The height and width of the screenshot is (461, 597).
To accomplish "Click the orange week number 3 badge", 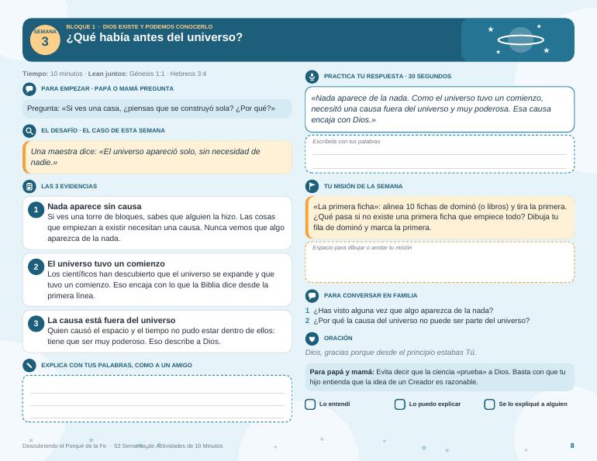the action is (x=45, y=40).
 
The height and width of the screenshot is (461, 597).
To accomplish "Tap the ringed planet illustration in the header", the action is (x=520, y=40).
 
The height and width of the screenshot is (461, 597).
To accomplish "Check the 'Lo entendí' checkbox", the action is (x=310, y=404).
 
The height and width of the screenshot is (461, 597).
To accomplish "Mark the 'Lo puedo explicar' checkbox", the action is (x=400, y=404).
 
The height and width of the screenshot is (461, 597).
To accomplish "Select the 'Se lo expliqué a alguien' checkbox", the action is (x=489, y=404).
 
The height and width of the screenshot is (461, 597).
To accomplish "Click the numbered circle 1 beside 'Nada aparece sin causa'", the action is (x=36, y=209).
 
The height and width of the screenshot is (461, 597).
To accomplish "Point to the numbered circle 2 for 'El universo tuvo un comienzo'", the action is (x=36, y=267).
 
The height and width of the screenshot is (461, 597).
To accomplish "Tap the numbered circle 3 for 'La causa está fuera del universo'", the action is (x=36, y=323).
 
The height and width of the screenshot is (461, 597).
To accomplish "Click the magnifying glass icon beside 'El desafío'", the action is (x=29, y=131).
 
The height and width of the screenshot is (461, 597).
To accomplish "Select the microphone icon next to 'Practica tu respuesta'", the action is (x=312, y=77).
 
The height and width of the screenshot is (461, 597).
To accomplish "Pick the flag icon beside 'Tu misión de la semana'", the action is (x=312, y=187).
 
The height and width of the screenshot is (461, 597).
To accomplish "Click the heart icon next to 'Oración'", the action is (x=312, y=339).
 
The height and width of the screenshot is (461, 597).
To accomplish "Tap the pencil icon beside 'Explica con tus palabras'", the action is (x=29, y=365).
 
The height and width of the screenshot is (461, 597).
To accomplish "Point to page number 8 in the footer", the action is (x=572, y=446).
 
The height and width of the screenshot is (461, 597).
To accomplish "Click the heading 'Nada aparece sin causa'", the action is (x=95, y=206).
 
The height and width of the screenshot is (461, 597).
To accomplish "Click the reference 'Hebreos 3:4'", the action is (x=188, y=74).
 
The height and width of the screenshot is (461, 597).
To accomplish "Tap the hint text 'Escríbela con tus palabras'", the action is (x=346, y=142).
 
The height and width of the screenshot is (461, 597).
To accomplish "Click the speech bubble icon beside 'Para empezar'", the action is (x=29, y=89).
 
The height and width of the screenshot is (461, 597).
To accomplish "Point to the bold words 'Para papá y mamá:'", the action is (x=342, y=372).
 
